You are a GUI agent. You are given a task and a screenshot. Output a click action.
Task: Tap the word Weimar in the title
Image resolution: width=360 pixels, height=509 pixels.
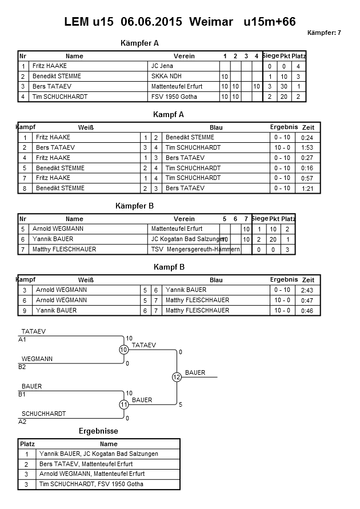[211, 22]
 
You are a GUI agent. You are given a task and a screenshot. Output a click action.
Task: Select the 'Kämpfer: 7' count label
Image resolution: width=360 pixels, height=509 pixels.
[324, 33]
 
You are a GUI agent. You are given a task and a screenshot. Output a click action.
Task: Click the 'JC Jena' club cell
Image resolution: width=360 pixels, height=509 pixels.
[162, 66]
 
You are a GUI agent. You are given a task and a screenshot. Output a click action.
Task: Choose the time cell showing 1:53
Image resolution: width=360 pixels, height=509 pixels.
[307, 147]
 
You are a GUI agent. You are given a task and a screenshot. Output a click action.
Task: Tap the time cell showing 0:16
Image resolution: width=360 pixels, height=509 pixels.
[307, 168]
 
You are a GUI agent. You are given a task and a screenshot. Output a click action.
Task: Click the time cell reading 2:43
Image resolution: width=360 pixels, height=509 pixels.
[307, 290]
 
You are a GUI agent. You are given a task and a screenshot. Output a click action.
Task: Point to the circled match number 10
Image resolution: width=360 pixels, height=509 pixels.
[123, 350]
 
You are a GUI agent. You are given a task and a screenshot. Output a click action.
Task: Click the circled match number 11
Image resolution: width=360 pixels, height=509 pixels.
[123, 404]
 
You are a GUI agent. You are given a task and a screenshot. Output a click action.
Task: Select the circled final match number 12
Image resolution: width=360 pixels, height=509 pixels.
[177, 377]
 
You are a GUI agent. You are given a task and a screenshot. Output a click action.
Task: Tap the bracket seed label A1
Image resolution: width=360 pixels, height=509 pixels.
[22, 340]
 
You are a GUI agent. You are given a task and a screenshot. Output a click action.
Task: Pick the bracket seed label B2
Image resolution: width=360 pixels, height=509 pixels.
[22, 367]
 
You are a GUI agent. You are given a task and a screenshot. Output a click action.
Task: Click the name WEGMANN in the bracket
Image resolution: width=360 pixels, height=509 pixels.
[37, 359]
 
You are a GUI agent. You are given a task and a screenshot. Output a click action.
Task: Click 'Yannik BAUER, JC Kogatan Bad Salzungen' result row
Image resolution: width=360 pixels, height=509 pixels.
[98, 454]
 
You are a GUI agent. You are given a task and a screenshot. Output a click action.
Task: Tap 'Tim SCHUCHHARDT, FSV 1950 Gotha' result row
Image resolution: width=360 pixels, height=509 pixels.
[91, 484]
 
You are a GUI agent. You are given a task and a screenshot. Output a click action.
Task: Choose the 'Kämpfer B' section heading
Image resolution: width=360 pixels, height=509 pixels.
[135, 206]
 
